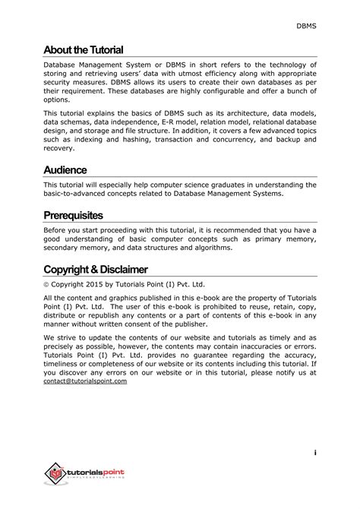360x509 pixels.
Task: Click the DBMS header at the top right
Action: [307, 27]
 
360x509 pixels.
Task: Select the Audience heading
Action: [65, 170]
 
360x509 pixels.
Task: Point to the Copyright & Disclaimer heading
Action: [95, 270]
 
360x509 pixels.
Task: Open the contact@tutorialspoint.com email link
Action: [85, 381]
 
